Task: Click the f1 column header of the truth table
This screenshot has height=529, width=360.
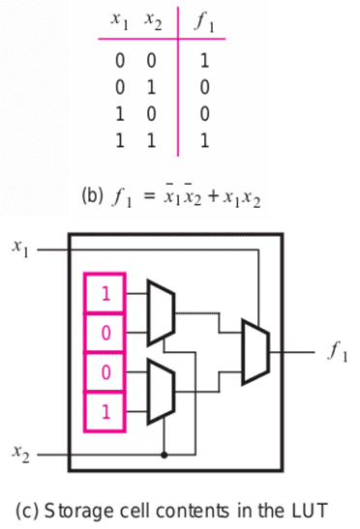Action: coord(204,22)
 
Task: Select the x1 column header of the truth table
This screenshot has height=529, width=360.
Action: coord(120,21)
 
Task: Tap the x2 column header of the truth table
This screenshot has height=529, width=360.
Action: coord(153,21)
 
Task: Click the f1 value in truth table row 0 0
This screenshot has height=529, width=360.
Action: coord(204,61)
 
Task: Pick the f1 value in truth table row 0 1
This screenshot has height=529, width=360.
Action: coord(204,87)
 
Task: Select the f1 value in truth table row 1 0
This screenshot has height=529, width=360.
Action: coord(204,114)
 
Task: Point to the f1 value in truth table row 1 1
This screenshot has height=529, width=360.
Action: coord(204,140)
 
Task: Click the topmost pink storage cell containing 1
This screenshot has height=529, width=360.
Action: coord(105,293)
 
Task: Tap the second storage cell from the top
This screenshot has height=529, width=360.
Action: coord(105,333)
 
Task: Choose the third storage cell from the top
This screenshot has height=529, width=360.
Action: coord(105,371)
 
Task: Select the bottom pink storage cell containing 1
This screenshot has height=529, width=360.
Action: coord(105,412)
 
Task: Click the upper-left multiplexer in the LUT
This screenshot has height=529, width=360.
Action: coord(161,312)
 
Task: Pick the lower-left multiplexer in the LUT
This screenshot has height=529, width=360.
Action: coord(161,392)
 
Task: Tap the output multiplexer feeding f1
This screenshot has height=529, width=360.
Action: coord(255,352)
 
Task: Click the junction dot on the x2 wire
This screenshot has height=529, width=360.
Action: coord(165,456)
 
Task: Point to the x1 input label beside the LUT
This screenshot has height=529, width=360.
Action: coord(20,249)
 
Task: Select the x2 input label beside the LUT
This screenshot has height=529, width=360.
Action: coord(20,454)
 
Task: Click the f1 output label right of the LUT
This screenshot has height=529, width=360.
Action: coord(337,352)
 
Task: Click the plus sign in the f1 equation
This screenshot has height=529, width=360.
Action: coord(214,196)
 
